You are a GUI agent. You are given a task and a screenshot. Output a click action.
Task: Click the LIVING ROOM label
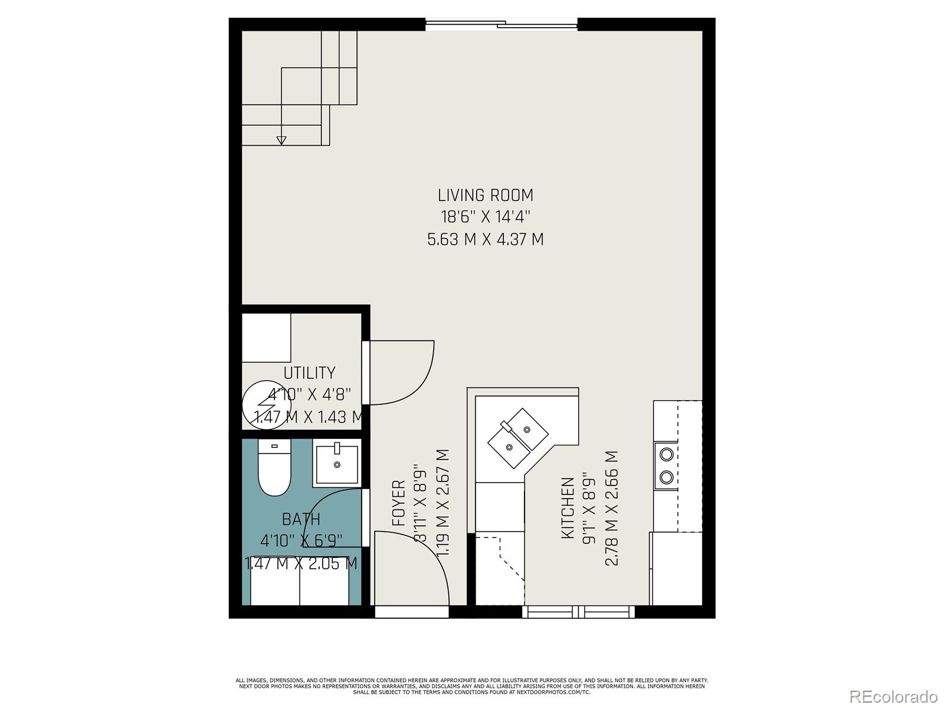(x=485, y=195)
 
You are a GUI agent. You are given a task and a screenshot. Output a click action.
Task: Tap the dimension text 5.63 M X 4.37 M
(x=485, y=240)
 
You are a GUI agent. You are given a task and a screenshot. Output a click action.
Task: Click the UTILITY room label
(x=309, y=373)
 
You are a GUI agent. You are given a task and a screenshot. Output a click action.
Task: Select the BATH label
(x=301, y=519)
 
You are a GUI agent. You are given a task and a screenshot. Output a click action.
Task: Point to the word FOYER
(x=399, y=503)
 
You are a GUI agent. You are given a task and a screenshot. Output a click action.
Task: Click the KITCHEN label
(x=568, y=507)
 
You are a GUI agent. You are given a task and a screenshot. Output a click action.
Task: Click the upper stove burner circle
(x=666, y=454)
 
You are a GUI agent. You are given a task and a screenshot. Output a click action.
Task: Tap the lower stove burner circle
(x=666, y=477)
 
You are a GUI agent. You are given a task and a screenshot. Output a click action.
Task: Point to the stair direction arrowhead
(x=281, y=140)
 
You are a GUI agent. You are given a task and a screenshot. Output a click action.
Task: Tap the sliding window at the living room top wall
(x=501, y=24)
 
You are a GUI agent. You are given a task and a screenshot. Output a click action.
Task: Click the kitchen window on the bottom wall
(x=578, y=611)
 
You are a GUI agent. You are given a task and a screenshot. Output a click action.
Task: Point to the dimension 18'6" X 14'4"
(x=485, y=217)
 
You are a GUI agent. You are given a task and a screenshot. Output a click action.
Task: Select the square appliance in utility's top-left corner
(x=266, y=337)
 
